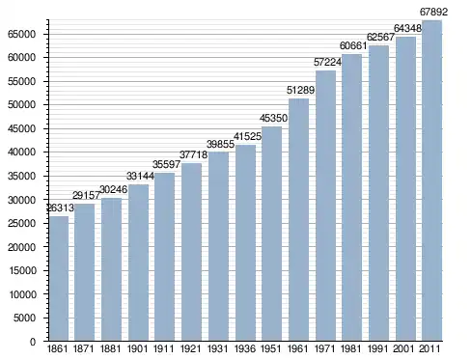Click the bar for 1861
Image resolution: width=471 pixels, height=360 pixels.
(x=59, y=279)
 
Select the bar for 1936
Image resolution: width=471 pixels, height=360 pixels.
(x=246, y=243)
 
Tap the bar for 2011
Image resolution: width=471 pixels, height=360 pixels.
(x=431, y=180)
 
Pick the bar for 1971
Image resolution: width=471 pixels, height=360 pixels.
(x=325, y=206)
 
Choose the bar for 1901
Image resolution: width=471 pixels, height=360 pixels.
(x=138, y=263)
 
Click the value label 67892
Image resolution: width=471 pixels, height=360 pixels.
(x=433, y=12)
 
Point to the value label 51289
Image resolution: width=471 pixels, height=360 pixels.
(x=300, y=90)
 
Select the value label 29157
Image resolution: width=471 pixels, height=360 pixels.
(x=86, y=195)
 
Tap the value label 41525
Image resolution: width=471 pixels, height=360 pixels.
(x=247, y=136)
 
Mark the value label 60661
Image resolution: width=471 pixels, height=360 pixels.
(x=353, y=46)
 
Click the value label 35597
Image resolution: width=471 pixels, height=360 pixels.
(x=166, y=164)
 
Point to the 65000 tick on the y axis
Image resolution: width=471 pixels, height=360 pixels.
(x=22, y=35)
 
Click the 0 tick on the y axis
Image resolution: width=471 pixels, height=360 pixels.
(x=33, y=342)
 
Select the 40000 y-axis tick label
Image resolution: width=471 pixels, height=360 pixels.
(x=22, y=152)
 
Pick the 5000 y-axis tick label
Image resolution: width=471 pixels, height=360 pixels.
(x=24, y=318)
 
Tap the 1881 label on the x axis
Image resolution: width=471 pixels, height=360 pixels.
(x=110, y=348)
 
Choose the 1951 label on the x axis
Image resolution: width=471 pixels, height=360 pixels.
(x=271, y=348)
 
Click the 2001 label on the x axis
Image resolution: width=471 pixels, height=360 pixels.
(x=404, y=348)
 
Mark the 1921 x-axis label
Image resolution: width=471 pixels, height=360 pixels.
(x=190, y=348)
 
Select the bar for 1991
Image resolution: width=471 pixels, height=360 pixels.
(x=378, y=193)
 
